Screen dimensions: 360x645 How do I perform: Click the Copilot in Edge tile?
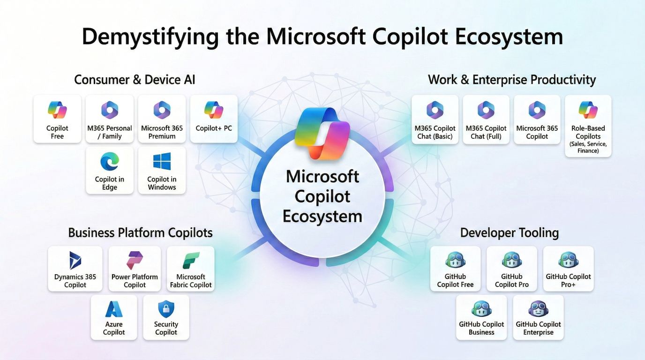(109, 170)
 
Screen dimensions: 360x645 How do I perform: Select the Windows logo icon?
(162, 161)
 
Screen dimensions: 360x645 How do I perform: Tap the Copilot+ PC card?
(214, 119)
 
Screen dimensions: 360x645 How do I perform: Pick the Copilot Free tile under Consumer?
(57, 119)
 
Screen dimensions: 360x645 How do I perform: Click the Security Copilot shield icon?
(166, 309)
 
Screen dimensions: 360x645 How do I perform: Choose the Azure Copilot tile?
(114, 317)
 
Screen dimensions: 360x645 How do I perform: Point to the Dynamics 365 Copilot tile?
(75, 269)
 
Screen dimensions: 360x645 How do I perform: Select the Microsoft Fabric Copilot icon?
(191, 261)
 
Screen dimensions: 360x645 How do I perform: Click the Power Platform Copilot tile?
(135, 269)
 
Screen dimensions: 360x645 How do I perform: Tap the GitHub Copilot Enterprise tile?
(538, 317)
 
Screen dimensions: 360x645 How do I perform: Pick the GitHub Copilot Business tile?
(481, 317)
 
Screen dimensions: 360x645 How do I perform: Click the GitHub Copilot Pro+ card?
(568, 269)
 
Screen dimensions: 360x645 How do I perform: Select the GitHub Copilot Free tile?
(455, 269)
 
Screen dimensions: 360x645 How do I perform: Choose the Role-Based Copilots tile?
(588, 126)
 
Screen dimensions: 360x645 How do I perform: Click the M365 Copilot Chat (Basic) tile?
(435, 119)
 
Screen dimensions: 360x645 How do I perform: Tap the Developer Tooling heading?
(509, 233)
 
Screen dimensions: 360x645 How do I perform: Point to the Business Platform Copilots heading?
(140, 232)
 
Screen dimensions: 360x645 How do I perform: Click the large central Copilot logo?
(322, 133)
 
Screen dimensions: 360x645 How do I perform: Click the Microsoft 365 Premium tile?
(162, 119)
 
